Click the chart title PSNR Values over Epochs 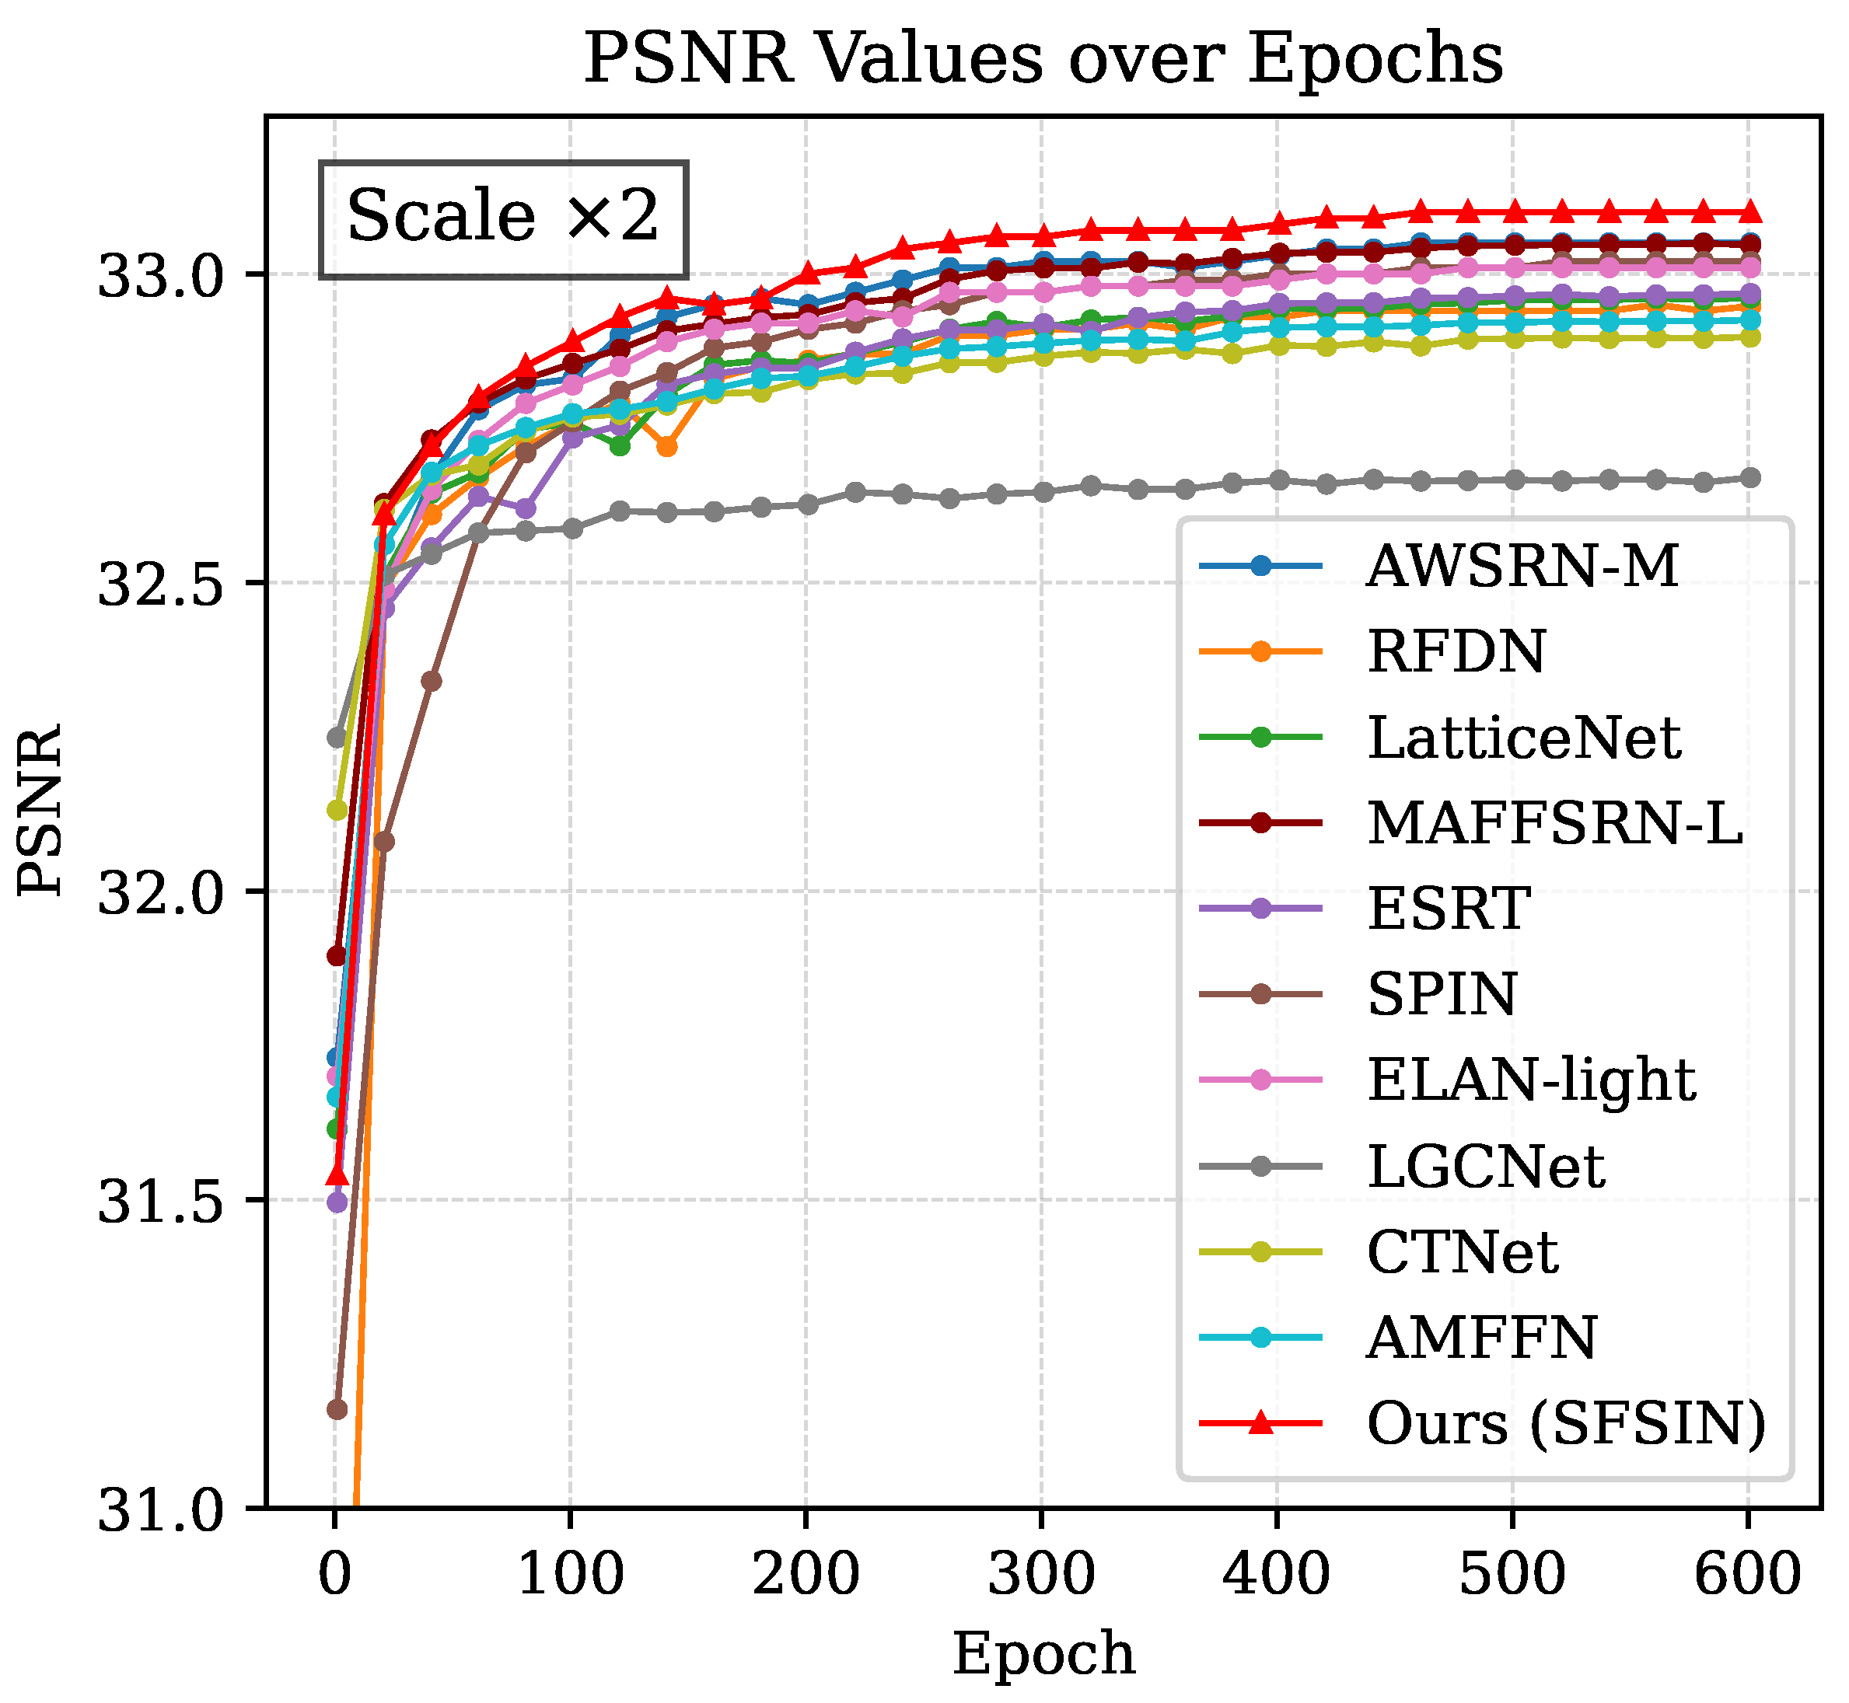[x=1043, y=58]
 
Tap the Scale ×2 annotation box [x=502, y=218]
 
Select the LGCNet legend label [x=1485, y=1167]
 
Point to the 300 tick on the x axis [x=1042, y=1573]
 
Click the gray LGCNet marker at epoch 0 [x=337, y=737]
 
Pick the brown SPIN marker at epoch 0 [x=337, y=1409]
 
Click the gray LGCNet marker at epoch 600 [x=1749, y=477]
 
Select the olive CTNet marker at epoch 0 [x=337, y=809]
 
